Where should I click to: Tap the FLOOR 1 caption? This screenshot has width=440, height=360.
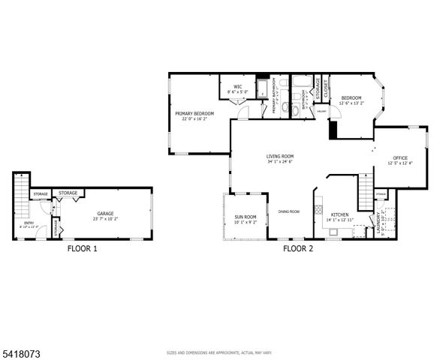[x=82, y=248]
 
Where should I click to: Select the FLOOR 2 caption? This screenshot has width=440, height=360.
[x=298, y=248]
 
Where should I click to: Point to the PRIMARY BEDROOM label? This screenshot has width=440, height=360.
[x=194, y=113]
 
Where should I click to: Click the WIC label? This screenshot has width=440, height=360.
[x=237, y=87]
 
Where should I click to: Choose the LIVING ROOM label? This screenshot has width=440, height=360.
[x=280, y=156]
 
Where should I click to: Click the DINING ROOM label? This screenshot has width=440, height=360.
[x=289, y=211]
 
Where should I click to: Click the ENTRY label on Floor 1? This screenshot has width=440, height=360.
[x=29, y=223]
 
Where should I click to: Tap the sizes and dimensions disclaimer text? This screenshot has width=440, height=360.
[x=219, y=352]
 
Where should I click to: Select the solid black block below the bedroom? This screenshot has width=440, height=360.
[x=334, y=129]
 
